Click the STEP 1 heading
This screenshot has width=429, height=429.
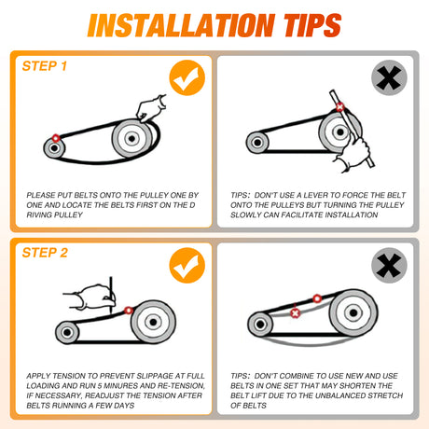45,66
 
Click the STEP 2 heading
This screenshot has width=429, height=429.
45,253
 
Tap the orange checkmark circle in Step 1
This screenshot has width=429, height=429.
187,77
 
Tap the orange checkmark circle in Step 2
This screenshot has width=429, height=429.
187,265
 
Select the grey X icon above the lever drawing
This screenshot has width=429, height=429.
389,77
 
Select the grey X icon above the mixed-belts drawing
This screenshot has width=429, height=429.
389,265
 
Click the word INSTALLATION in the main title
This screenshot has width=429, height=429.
181,25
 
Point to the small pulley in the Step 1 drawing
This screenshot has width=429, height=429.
54,148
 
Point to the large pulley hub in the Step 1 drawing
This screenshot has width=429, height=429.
131,138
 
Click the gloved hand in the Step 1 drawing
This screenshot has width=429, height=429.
151,108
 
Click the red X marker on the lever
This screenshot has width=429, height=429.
340,107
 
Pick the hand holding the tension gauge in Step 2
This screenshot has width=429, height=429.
90,297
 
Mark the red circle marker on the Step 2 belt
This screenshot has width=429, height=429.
129,310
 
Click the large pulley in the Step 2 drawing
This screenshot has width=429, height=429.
153,322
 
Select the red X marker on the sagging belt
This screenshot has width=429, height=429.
295,313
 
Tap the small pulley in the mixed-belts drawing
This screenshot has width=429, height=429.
260,325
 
